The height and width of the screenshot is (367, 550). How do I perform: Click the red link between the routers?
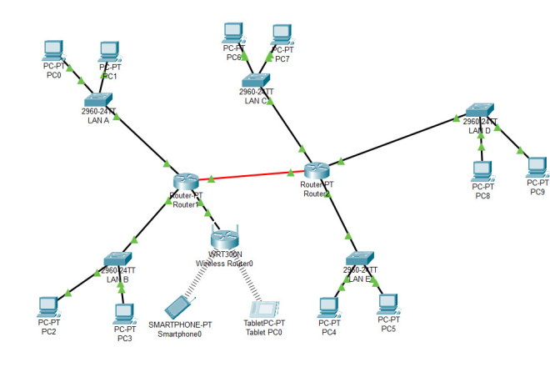(x=251, y=176)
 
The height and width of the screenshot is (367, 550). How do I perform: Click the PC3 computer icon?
(x=125, y=313)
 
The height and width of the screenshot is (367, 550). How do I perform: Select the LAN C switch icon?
(x=255, y=81)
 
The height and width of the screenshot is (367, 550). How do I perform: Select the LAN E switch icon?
(x=362, y=259)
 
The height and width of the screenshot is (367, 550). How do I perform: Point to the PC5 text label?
(x=388, y=329)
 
